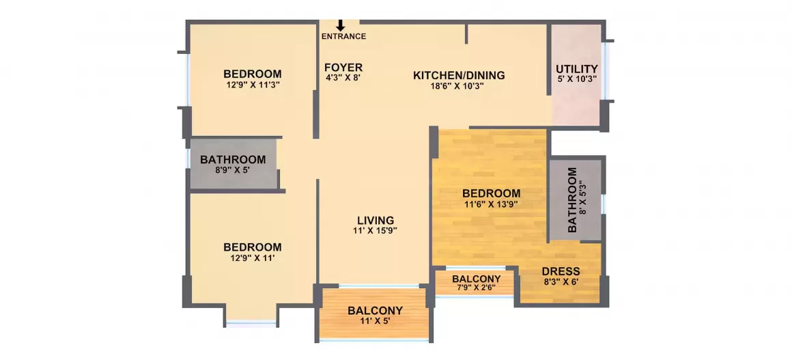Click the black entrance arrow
coord(341,25)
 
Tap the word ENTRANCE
coord(343,36)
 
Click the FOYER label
coord(343,68)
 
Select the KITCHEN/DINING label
coord(459,75)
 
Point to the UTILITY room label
coord(577,69)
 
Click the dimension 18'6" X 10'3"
coord(459,86)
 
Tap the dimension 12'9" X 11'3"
coord(253,85)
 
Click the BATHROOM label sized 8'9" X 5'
coord(233,160)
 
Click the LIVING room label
coord(376,221)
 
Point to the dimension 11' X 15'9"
coord(376,231)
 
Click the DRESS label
coord(561,271)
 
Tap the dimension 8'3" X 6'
coord(561,281)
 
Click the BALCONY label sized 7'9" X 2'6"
coord(477,279)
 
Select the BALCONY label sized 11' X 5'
coord(375,311)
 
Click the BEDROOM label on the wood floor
coord(492,193)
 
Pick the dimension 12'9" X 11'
coord(253,258)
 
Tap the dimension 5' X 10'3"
coord(577,79)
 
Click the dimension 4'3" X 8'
coord(343,78)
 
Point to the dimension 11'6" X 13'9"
coord(492,204)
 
